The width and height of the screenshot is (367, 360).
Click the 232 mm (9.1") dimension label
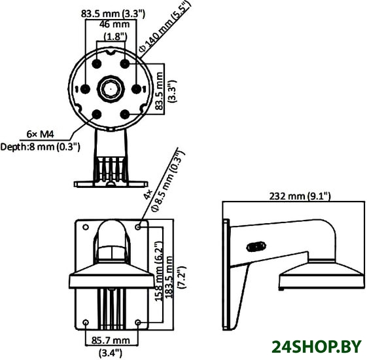[300, 196]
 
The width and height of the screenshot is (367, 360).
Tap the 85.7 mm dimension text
[111, 340]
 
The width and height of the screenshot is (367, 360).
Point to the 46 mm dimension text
[114, 24]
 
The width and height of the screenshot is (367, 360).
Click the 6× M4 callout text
[41, 134]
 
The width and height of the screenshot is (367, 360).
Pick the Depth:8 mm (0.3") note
[41, 147]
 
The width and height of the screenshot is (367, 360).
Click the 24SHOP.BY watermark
[317, 347]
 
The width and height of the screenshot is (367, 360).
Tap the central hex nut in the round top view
[111, 89]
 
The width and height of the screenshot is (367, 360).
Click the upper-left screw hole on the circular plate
[97, 63]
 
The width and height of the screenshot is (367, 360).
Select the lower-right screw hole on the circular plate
[125, 115]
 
